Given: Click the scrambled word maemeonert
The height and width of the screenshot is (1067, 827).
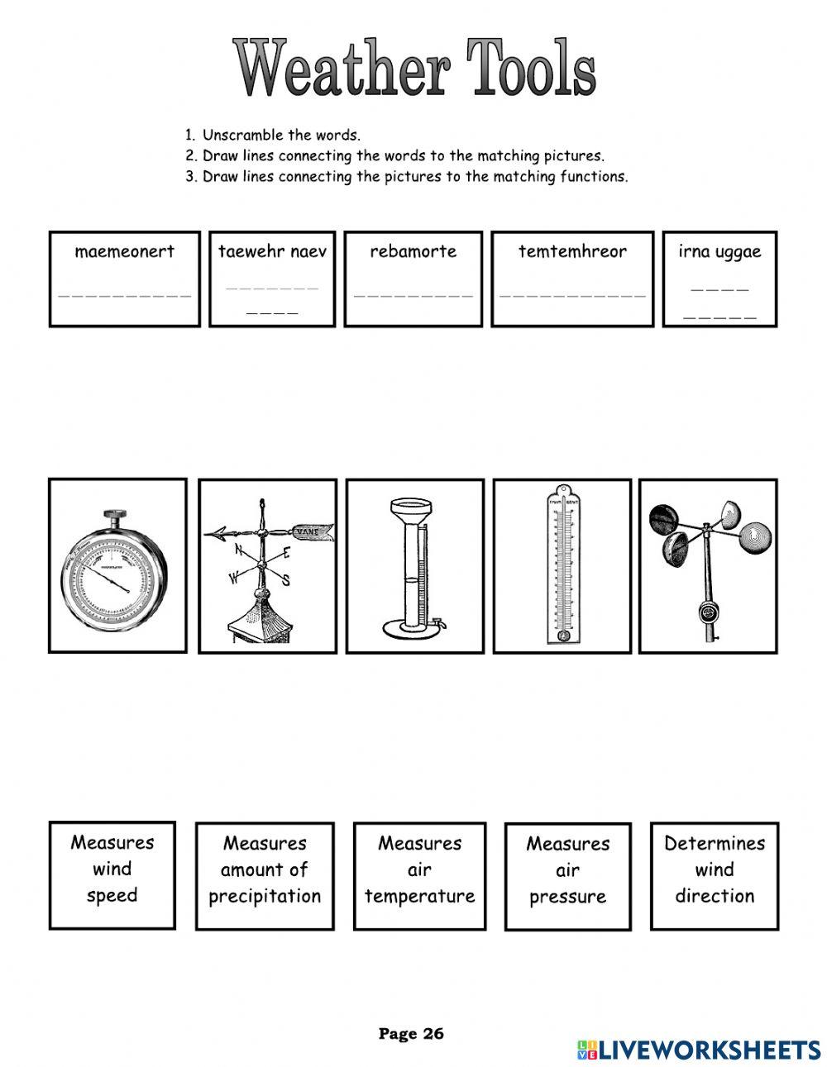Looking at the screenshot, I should click(124, 251).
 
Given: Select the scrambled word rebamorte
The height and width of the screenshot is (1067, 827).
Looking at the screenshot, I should click(413, 251).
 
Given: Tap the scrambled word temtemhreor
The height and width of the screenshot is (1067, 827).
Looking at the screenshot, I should click(572, 251).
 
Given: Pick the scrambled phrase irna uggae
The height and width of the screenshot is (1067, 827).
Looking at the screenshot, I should click(719, 252).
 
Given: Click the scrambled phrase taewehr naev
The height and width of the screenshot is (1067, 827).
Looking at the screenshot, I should click(272, 251).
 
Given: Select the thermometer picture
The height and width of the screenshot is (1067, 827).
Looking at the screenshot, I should click(562, 565).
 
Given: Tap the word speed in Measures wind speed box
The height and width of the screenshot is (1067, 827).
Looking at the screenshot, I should click(112, 895).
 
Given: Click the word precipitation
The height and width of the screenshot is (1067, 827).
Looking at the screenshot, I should click(265, 896).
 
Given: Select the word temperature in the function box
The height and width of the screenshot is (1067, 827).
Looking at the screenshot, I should click(419, 896).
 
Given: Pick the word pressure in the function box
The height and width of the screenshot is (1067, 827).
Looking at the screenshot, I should click(567, 897).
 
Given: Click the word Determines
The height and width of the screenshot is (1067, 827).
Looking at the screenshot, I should click(715, 843).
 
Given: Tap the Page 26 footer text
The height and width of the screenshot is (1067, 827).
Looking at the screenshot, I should click(411, 1033).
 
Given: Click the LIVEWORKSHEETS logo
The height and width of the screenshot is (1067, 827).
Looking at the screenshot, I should click(700, 1049).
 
